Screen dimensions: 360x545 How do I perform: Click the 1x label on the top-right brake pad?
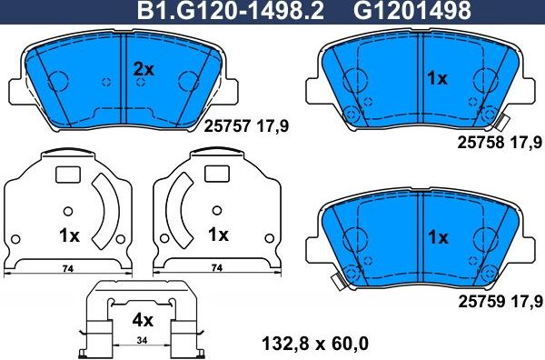pos(438,79)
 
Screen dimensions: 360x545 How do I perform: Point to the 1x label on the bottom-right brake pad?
pos(438,237)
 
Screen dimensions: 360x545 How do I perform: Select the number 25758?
pos(479,143)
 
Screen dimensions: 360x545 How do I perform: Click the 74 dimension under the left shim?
pos(66,268)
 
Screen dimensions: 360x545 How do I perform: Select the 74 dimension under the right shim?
pos(216,268)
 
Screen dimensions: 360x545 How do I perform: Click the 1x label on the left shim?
pos(69,235)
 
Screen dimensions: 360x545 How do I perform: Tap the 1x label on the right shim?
pos(217,235)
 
